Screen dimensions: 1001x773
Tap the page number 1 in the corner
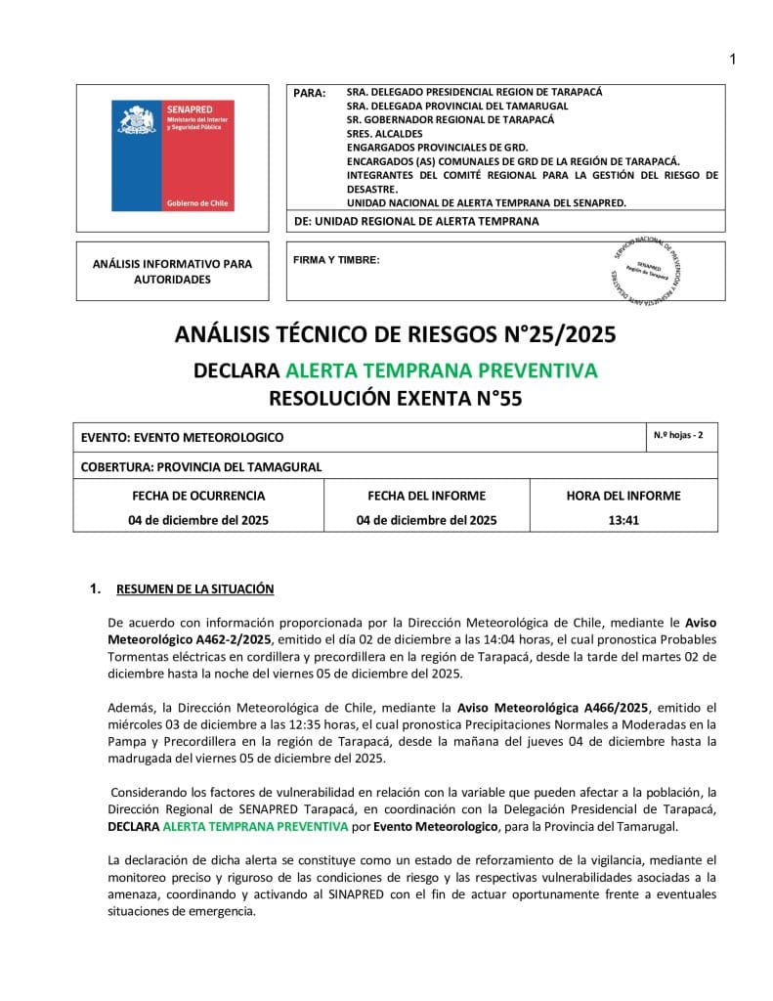click(733, 61)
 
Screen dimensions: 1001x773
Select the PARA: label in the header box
click(310, 93)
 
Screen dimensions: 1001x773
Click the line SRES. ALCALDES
click(384, 133)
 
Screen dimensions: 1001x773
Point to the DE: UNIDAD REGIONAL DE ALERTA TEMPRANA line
click(416, 222)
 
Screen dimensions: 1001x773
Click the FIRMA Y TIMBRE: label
click(336, 260)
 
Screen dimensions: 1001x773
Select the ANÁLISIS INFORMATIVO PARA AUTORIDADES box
click(172, 272)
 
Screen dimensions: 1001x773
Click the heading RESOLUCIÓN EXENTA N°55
click(396, 398)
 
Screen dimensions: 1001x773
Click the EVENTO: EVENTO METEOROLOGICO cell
click(183, 438)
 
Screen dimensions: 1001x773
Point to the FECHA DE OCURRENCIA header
click(198, 496)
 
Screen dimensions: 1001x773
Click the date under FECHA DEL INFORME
click(426, 520)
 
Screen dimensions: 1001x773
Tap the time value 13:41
click(623, 520)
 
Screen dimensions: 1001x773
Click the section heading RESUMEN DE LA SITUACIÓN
click(194, 588)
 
